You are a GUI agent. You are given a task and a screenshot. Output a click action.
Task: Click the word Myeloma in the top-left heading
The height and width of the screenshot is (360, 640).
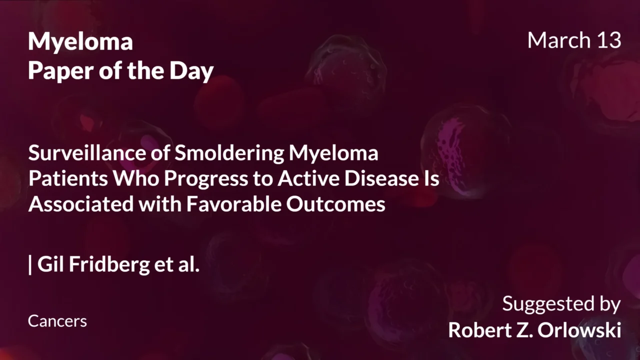80,42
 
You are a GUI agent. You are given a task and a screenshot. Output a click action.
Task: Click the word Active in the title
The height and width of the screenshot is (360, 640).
300,179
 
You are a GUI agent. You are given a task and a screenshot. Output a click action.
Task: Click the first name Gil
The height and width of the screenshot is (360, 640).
51,264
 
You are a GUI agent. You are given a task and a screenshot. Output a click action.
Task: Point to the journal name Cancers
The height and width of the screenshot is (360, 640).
57,321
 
